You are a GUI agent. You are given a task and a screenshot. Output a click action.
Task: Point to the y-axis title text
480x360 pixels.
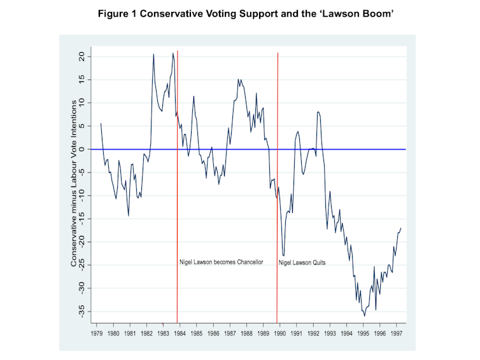point(74,183)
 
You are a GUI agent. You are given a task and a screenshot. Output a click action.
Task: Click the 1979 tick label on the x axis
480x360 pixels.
point(97,332)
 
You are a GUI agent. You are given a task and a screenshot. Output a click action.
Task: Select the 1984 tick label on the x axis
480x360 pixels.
point(180,332)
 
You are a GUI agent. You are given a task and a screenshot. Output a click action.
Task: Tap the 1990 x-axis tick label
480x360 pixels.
point(280,332)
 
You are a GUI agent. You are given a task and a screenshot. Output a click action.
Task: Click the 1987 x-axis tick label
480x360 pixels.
point(230,332)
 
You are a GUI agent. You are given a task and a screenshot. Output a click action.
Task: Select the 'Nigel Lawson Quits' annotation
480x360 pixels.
point(302,262)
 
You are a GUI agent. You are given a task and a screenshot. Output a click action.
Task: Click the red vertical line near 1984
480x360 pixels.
point(177,191)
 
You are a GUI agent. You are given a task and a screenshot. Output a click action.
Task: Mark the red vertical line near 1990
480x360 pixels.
point(278,191)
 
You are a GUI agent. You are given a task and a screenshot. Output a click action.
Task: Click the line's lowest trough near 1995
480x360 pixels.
point(364,315)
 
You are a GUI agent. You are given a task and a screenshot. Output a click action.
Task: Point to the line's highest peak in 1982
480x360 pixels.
point(153,54)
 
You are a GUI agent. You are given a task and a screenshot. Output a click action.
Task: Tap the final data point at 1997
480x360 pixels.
point(401,228)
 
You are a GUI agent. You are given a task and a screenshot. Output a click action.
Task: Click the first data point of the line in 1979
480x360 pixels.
point(101,123)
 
